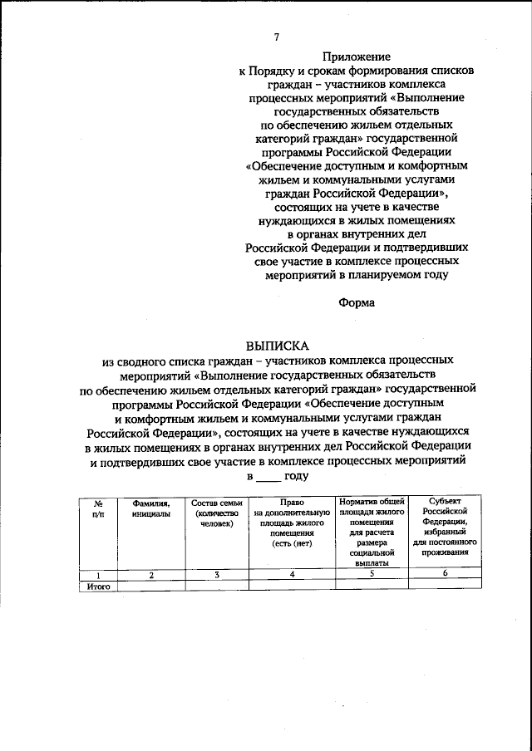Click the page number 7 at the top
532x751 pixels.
(277, 37)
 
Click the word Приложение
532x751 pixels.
(356, 56)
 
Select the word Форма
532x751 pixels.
(356, 302)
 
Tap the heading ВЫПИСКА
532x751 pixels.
(277, 343)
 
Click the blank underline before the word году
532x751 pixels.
(268, 476)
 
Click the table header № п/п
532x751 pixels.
(98, 508)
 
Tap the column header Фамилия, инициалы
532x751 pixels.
(150, 508)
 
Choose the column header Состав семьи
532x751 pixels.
(216, 503)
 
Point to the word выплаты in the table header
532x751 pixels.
(372, 562)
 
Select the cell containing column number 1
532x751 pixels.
(98, 574)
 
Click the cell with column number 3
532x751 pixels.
(216, 574)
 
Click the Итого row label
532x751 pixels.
(98, 586)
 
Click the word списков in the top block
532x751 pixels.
(449, 71)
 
